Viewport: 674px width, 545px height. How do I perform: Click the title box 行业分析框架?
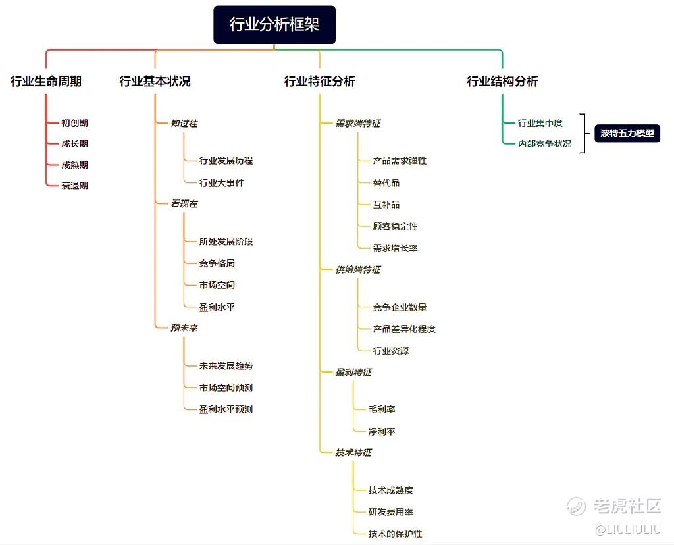[274, 24]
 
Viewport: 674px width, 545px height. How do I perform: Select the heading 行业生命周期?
[46, 81]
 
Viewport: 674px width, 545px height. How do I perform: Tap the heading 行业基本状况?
[155, 81]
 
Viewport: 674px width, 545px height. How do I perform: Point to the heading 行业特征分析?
[319, 81]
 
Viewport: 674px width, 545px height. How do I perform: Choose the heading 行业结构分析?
[502, 81]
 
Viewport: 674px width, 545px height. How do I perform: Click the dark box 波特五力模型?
[627, 133]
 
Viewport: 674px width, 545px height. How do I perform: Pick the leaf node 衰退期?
[75, 185]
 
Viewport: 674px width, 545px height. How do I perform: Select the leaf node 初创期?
[75, 123]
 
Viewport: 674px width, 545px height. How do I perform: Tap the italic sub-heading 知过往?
[184, 123]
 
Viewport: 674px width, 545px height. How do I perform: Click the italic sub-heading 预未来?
[184, 328]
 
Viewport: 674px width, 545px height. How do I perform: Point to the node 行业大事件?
[221, 183]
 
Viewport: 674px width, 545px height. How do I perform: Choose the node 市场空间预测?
[226, 387]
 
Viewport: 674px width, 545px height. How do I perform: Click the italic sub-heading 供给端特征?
[357, 269]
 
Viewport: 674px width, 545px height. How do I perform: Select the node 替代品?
[386, 183]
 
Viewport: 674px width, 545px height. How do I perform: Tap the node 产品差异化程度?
[404, 329]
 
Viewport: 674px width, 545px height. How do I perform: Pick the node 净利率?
[382, 431]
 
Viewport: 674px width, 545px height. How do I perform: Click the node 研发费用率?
[391, 511]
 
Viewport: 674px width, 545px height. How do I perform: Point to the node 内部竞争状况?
[544, 143]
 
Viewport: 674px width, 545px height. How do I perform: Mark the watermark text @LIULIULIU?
[627, 529]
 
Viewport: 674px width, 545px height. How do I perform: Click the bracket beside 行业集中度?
[584, 133]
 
